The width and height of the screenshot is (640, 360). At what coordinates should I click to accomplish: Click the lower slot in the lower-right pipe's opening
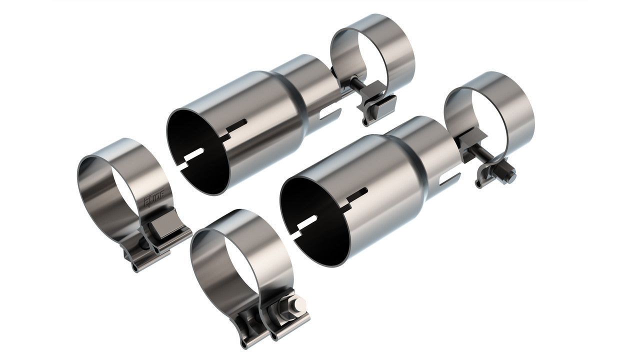pos(310,223)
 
